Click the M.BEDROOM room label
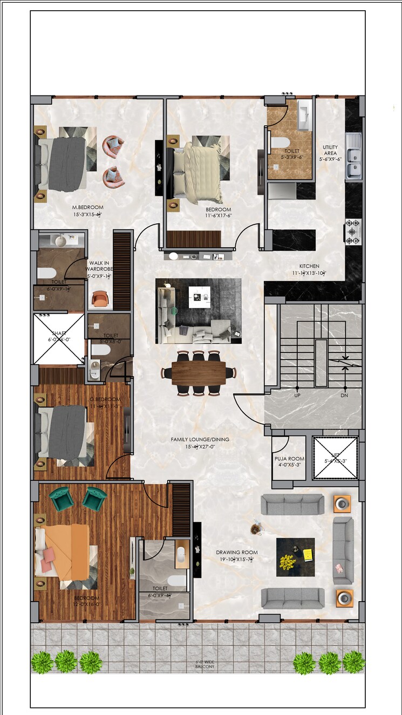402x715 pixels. pyautogui.click(x=87, y=207)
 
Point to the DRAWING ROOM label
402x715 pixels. pyautogui.click(x=236, y=552)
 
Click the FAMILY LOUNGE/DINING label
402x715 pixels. pyautogui.click(x=200, y=439)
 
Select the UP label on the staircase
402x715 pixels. pyautogui.click(x=297, y=395)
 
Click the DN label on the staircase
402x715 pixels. pyautogui.click(x=345, y=395)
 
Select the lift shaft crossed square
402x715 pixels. pyautogui.click(x=336, y=458)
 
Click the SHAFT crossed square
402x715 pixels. pyautogui.click(x=59, y=339)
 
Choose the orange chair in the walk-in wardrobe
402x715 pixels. pyautogui.click(x=100, y=299)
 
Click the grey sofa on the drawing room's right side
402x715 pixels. pyautogui.click(x=343, y=550)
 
